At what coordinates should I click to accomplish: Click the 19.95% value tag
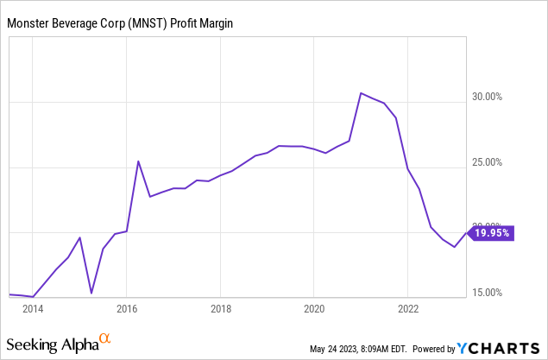click(x=493, y=232)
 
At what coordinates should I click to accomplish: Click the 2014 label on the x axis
click(x=33, y=308)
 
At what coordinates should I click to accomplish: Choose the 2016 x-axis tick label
click(x=127, y=308)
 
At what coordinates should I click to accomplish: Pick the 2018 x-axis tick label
click(x=221, y=308)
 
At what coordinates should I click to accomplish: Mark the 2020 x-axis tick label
click(x=314, y=308)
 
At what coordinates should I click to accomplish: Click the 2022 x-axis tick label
click(x=408, y=308)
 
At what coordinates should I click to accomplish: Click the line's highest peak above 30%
click(x=362, y=92)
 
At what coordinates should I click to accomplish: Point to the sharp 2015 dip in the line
click(x=91, y=293)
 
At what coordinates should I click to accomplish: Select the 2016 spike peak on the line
click(x=138, y=161)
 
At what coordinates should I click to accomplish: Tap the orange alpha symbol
click(x=105, y=339)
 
